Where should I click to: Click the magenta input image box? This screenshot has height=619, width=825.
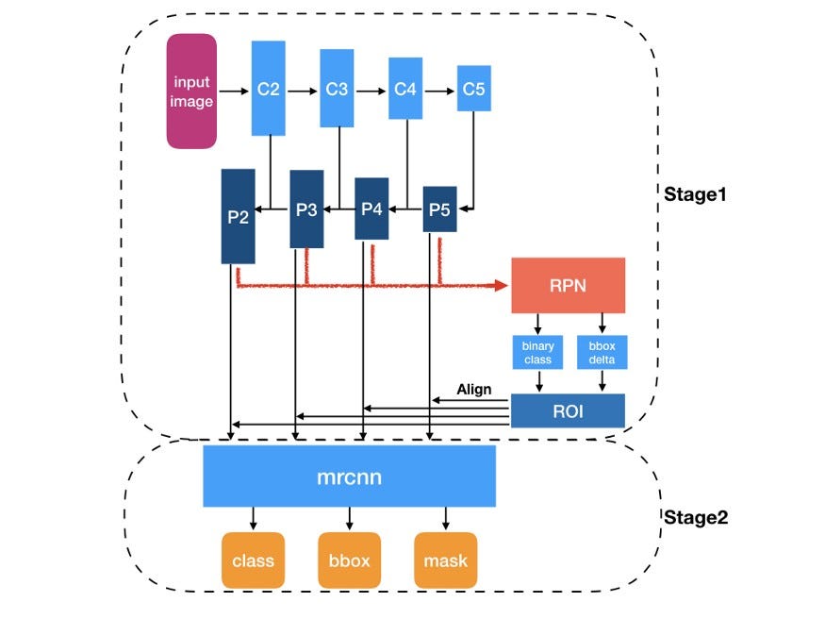coord(191,92)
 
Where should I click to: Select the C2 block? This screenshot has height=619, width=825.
coord(269,89)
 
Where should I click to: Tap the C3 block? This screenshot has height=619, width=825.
coord(337,89)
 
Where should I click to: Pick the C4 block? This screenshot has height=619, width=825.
coord(405,89)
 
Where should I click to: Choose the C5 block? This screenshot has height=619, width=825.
coord(473,89)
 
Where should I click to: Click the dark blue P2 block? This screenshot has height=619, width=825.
coord(238,216)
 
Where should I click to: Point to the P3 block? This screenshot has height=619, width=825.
coord(305,209)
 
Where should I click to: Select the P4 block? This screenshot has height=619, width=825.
coord(371,209)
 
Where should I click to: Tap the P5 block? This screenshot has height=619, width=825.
coord(439,209)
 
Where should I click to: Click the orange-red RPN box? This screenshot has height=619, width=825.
coord(568,285)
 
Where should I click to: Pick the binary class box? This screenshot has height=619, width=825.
coord(538,352)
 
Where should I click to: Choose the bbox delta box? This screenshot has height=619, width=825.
coord(602,352)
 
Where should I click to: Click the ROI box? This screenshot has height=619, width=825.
coord(568,410)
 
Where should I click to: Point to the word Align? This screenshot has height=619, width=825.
coord(474,389)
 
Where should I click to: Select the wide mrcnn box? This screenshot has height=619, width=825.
coord(349,477)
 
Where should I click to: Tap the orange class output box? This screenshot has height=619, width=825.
coord(253,560)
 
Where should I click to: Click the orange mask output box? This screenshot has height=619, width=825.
coord(445,560)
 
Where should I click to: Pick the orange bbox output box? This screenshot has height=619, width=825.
coord(349,560)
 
